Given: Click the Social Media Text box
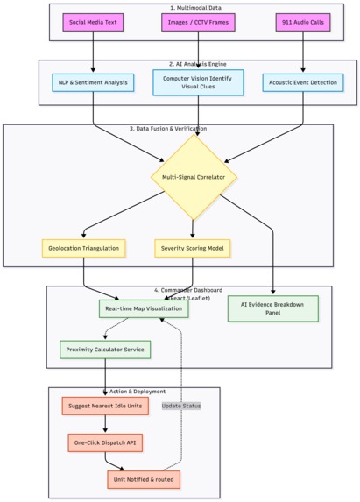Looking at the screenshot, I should (x=93, y=21).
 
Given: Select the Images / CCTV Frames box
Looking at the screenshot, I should (x=198, y=21).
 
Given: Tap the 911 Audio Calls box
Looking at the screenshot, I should (x=303, y=21).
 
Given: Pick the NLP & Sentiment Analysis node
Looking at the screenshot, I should (x=93, y=83).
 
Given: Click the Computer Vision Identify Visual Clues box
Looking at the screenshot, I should (x=198, y=83).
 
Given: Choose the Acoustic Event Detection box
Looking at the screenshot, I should (x=303, y=83).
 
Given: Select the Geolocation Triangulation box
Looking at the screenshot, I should (x=83, y=248).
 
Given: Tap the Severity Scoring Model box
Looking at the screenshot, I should (x=192, y=248).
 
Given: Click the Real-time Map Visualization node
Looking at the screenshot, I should (x=144, y=308).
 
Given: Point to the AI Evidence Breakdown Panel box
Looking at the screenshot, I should (x=273, y=308).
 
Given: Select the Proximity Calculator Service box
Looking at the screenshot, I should (x=105, y=350).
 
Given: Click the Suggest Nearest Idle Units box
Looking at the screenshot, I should (x=105, y=406).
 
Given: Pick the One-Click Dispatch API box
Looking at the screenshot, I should (x=105, y=442).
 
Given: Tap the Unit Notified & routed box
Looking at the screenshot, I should (x=145, y=479).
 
